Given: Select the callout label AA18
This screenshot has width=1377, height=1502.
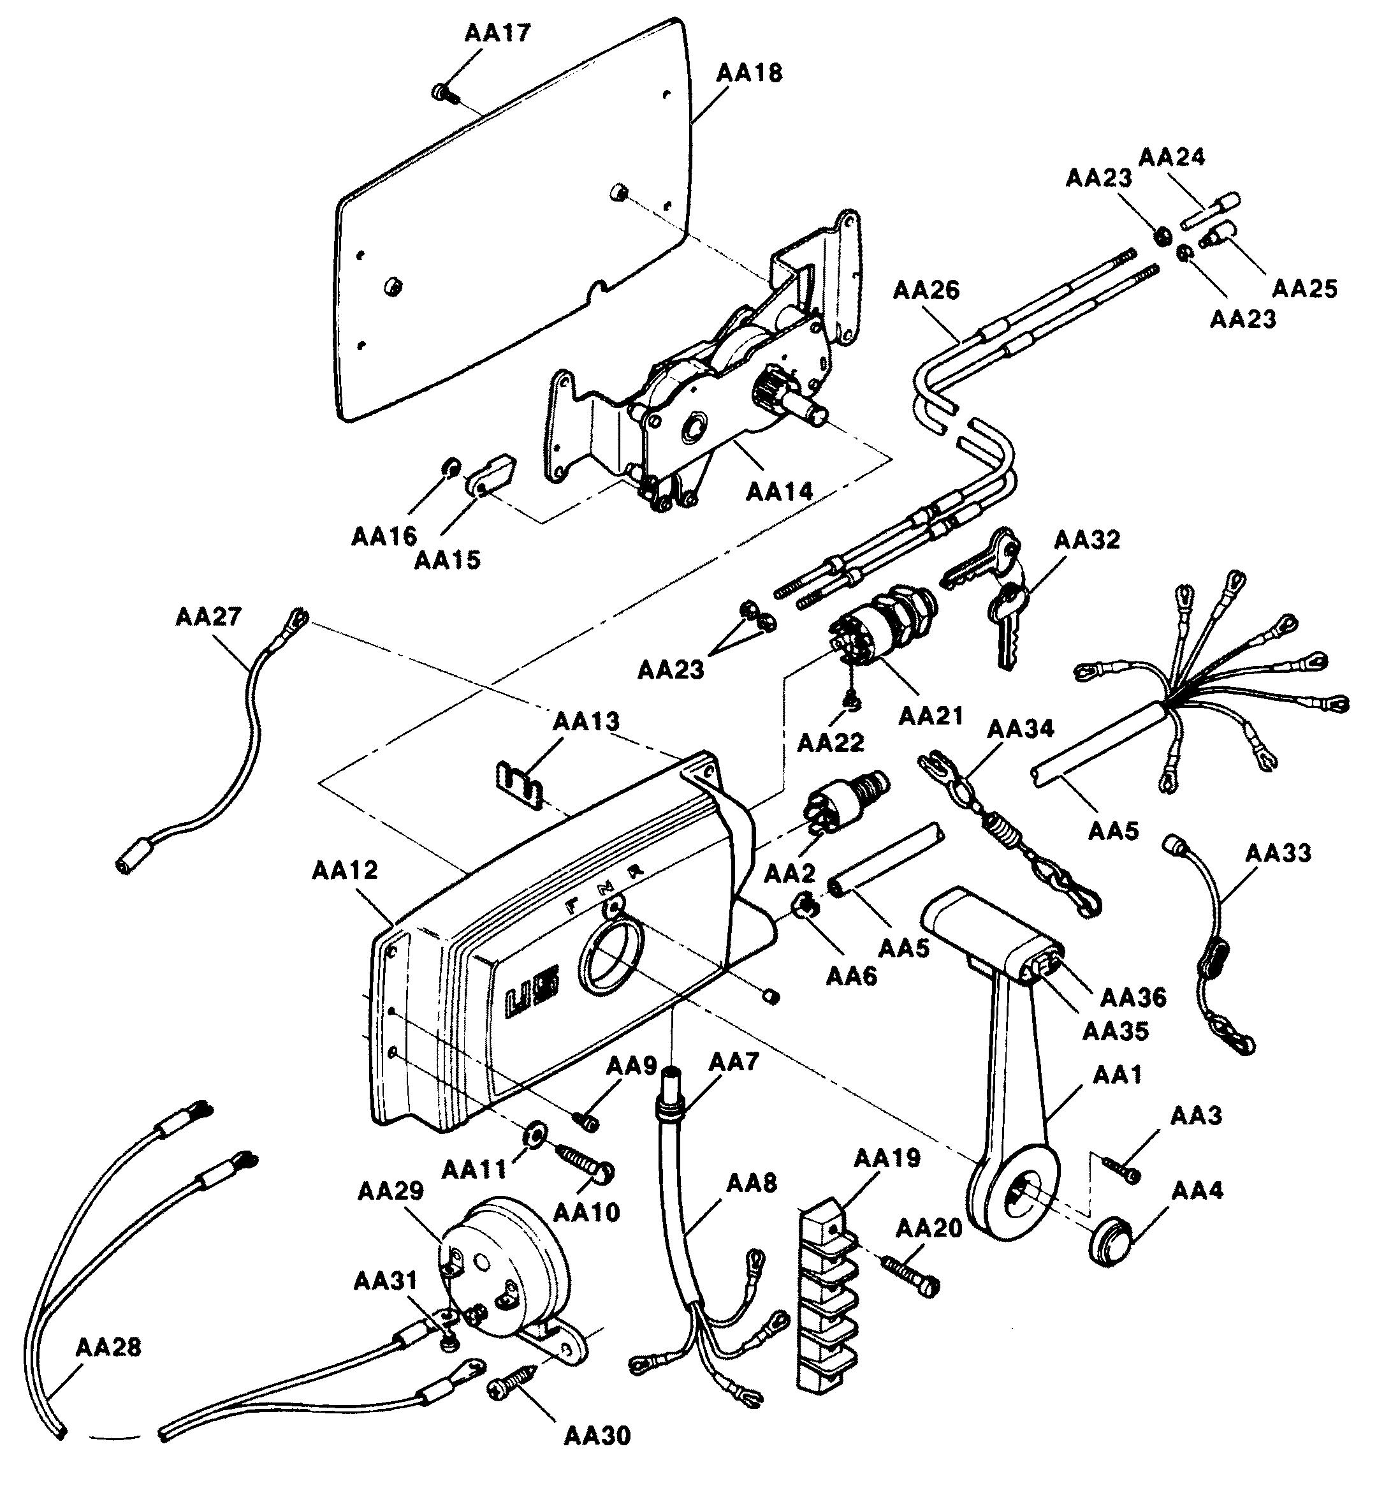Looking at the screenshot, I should click(x=749, y=73).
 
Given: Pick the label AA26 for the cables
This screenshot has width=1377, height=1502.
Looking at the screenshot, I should click(x=926, y=290).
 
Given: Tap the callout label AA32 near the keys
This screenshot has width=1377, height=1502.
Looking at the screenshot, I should click(x=1086, y=540).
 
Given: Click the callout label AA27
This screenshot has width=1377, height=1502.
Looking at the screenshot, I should click(x=208, y=617).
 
